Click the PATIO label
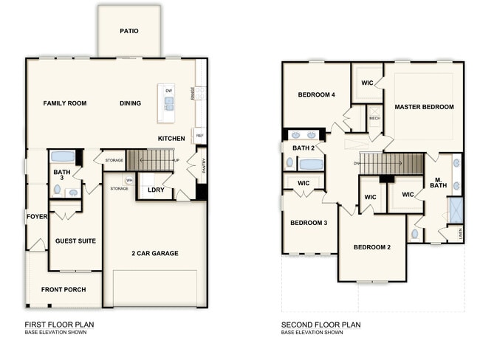[129, 32]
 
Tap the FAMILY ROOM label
[64, 103]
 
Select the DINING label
[130, 103]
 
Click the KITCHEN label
[171, 139]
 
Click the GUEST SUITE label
[77, 241]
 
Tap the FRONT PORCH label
[61, 289]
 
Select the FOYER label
[37, 217]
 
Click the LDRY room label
[156, 190]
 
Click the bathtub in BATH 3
[63, 157]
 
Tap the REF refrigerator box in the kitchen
[199, 136]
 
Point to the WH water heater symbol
[129, 180]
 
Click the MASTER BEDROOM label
[424, 107]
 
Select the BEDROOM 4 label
[316, 94]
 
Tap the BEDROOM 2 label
[371, 247]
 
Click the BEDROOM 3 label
[309, 223]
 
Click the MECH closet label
[374, 118]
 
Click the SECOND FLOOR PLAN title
[320, 325]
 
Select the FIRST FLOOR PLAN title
[59, 325]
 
